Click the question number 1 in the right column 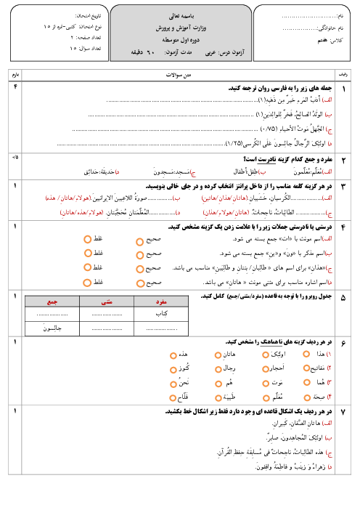[x=343, y=88]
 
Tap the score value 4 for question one [x=15, y=87]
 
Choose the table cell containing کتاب [x=161, y=314]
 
